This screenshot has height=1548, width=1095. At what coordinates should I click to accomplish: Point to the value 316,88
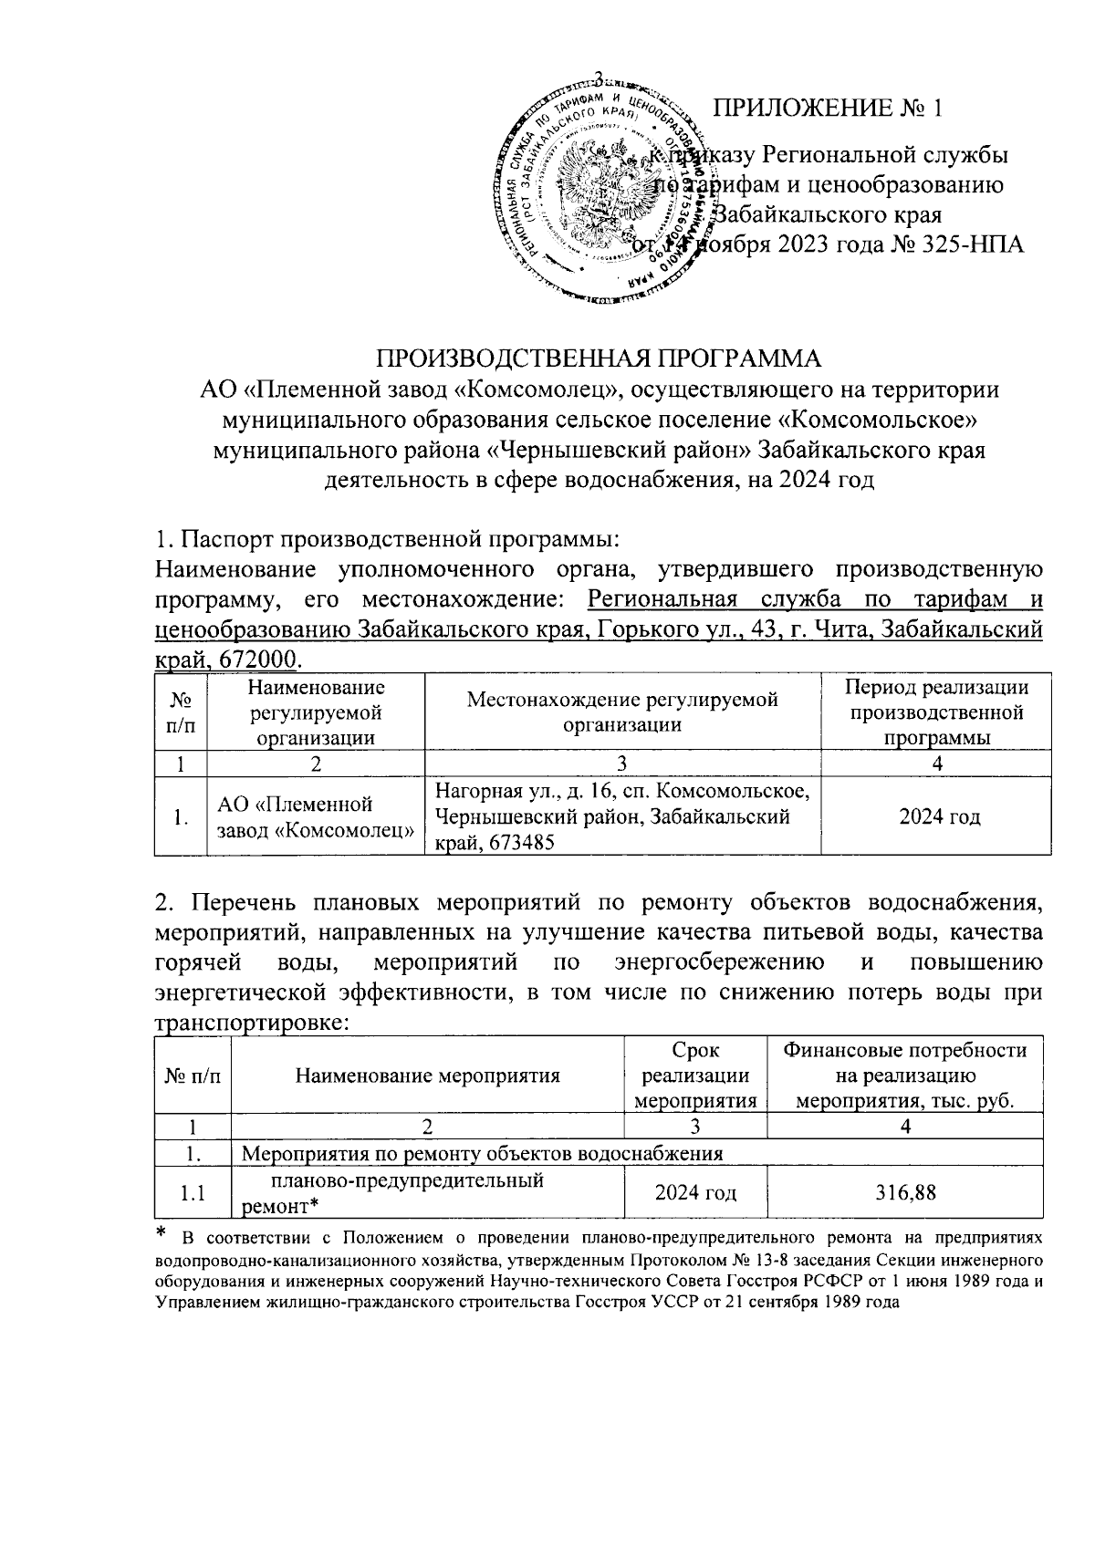pyautogui.click(x=905, y=1192)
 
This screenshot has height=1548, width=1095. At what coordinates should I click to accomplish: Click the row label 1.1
pyautogui.click(x=193, y=1193)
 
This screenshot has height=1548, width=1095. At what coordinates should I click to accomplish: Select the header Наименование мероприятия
pyautogui.click(x=427, y=1075)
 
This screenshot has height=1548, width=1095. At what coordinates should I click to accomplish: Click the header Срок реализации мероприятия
pyautogui.click(x=695, y=1075)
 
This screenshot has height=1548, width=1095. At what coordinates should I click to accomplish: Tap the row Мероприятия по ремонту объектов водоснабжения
pyautogui.click(x=482, y=1153)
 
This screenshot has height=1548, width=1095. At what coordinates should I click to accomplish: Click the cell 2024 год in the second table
pyautogui.click(x=696, y=1192)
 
